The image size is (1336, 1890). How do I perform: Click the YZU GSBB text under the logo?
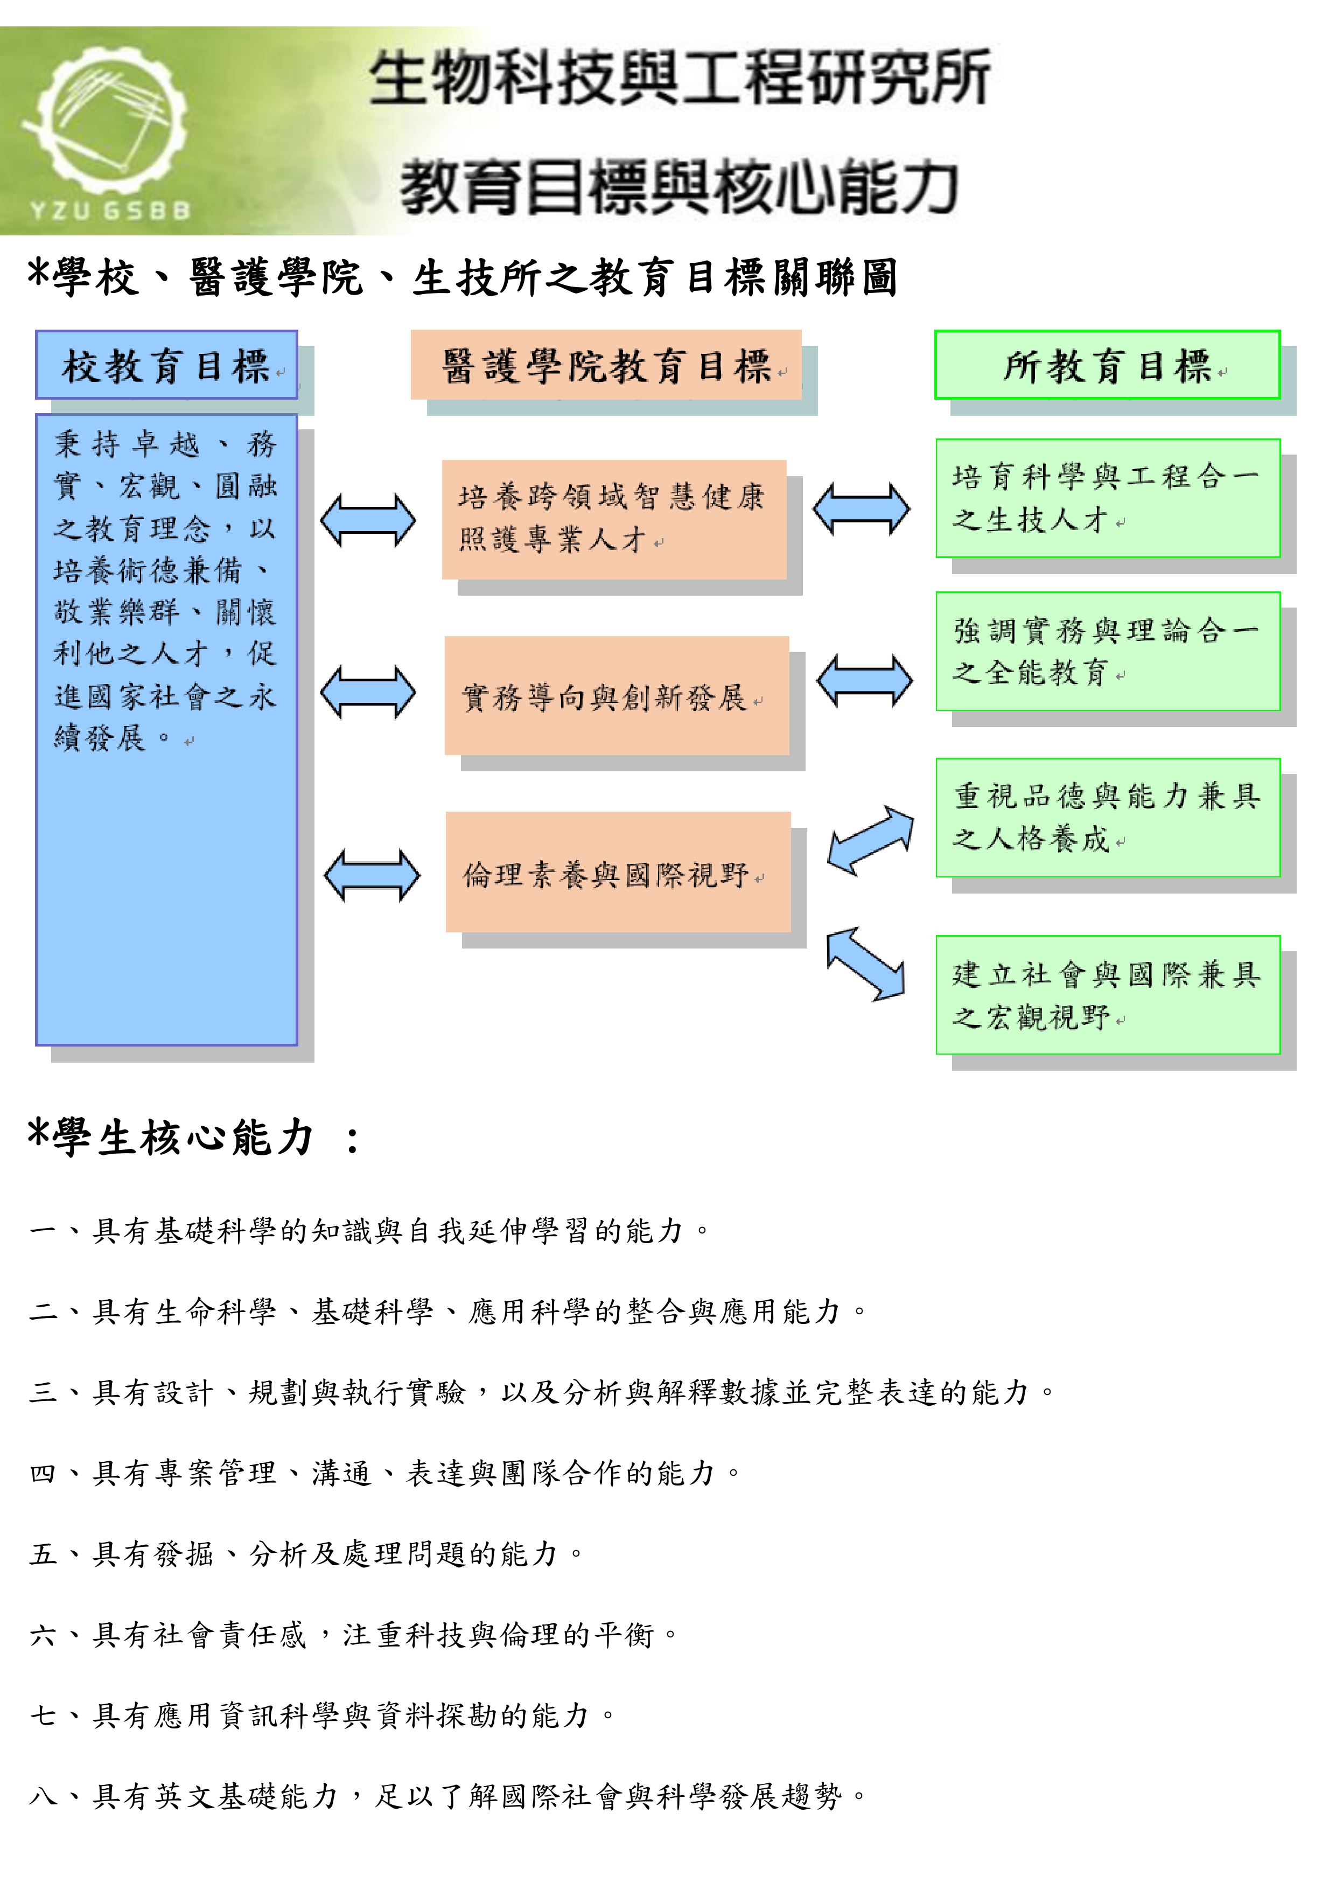(110, 211)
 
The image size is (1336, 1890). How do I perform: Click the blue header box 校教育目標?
(166, 365)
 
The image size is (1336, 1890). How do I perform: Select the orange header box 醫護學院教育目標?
(606, 365)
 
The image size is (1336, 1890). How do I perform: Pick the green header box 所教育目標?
(1107, 365)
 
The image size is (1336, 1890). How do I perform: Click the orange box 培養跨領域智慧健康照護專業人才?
(614, 519)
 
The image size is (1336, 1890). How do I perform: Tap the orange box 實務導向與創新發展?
(617, 695)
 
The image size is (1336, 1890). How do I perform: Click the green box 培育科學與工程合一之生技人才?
(1108, 498)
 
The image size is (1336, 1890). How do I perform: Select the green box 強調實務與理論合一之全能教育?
(1108, 651)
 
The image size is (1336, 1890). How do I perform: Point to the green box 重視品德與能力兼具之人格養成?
(1108, 818)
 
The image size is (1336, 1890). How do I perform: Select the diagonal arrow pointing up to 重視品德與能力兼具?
(870, 840)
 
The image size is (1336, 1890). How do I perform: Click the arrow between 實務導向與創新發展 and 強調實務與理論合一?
(864, 680)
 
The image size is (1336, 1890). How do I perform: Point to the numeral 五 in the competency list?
(43, 1554)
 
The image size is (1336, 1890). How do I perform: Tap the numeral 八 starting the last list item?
(43, 1796)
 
